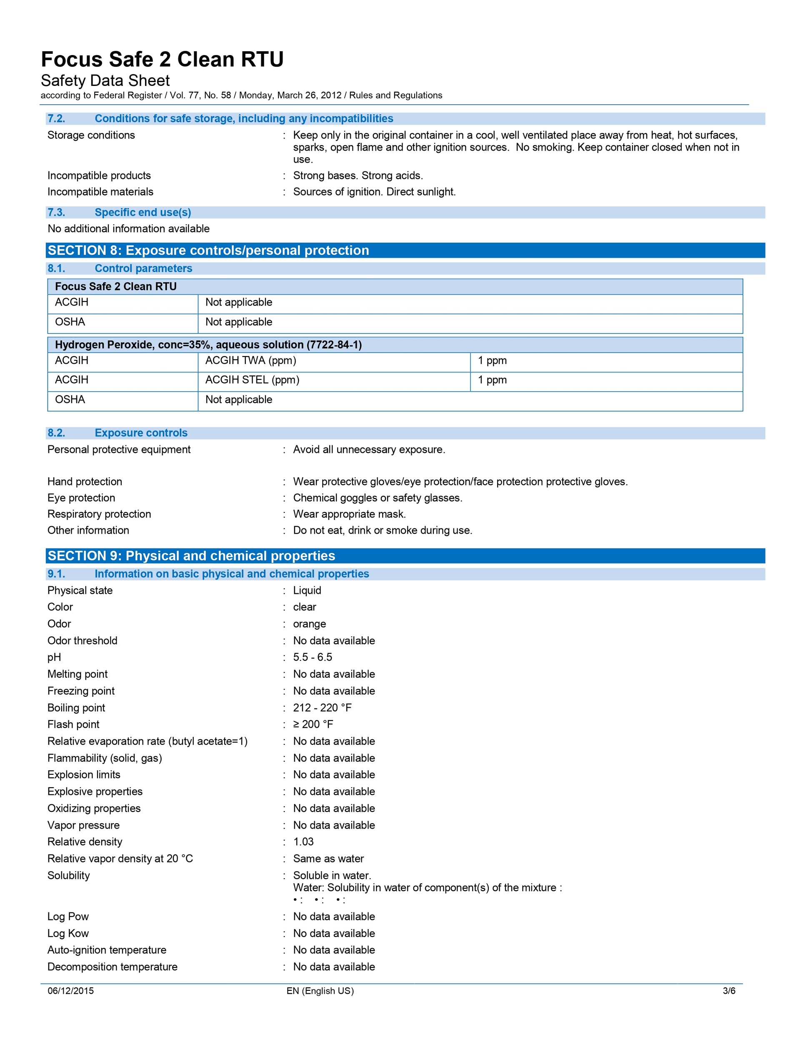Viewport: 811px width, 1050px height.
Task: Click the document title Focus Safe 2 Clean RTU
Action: (x=162, y=60)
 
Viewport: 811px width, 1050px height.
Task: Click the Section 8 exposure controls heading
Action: (x=208, y=251)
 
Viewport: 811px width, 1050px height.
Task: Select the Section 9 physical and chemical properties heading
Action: (x=191, y=556)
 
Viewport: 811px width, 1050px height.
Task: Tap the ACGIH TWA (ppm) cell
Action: (x=250, y=361)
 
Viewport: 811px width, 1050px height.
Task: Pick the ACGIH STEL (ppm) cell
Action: (x=252, y=380)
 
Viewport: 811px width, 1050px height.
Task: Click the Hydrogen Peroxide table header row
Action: (x=208, y=345)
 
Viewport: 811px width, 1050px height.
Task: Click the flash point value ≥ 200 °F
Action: (x=313, y=724)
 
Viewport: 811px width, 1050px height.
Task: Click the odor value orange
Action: (x=309, y=624)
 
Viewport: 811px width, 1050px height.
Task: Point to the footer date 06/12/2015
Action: (x=70, y=991)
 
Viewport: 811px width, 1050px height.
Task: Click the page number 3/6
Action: (x=729, y=991)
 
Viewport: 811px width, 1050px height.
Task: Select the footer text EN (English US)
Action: (x=320, y=991)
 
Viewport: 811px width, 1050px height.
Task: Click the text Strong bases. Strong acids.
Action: (x=358, y=176)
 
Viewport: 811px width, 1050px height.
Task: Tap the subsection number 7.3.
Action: (x=56, y=213)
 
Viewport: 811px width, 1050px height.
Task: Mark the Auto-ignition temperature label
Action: (x=107, y=950)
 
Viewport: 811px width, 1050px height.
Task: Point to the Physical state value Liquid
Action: (x=307, y=590)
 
